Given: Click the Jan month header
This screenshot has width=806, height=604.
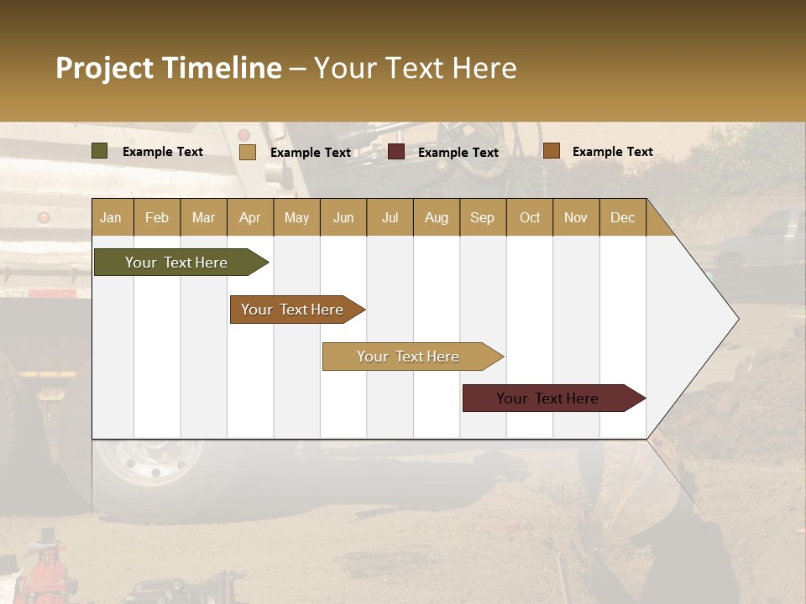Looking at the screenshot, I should (112, 217).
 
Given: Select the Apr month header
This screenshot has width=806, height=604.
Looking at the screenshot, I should (250, 217).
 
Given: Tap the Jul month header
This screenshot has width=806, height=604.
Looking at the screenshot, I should (390, 217).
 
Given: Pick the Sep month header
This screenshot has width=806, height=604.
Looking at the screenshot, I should (482, 217).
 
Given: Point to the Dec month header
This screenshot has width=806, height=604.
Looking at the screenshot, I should (622, 217).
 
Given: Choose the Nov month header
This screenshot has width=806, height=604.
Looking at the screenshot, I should (576, 217).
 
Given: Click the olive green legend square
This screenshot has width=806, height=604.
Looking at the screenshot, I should (100, 151).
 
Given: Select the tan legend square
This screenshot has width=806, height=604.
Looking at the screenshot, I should (248, 152).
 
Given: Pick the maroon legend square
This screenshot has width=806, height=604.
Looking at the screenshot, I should (396, 152).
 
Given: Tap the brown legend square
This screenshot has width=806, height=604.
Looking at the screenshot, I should (552, 151).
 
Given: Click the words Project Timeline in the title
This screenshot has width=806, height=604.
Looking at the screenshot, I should (168, 68).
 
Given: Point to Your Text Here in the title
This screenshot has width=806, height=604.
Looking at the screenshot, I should (415, 68).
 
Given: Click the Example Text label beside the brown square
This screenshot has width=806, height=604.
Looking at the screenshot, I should (612, 152).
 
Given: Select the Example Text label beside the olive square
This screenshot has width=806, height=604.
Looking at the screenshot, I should (163, 152).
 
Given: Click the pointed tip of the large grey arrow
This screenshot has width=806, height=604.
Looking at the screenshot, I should (736, 319).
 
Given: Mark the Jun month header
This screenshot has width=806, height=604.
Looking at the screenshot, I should (343, 217).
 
